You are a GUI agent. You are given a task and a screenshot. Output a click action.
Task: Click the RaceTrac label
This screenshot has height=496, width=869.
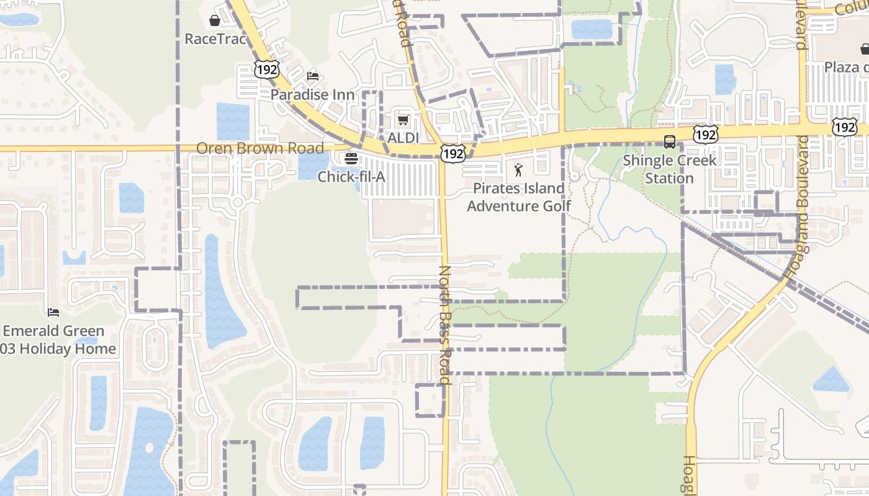[x=215, y=39]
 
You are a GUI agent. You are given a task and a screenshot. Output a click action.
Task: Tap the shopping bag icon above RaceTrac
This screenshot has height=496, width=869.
[x=215, y=21]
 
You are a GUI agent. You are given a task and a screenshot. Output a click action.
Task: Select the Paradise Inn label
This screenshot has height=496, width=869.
[x=312, y=95]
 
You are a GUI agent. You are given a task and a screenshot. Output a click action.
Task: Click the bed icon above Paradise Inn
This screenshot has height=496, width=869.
[x=313, y=76]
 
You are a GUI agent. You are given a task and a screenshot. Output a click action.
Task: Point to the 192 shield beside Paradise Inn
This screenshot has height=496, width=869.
[x=266, y=69]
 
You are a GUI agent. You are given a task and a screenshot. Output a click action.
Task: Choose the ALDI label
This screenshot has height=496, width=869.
[x=403, y=138]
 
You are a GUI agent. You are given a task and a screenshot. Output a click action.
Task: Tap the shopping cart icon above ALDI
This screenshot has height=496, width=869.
[x=403, y=119]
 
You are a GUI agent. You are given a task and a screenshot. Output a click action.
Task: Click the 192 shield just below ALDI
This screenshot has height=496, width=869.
[x=454, y=154]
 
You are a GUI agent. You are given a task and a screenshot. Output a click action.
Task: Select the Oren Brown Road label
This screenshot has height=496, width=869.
[x=260, y=148]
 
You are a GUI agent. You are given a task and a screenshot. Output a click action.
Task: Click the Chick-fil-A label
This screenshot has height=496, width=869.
[x=351, y=177]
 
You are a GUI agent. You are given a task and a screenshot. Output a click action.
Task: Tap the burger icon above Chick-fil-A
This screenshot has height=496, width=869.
[x=351, y=159]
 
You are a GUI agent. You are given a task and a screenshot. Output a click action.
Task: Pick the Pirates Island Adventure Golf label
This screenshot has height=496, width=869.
[x=519, y=197]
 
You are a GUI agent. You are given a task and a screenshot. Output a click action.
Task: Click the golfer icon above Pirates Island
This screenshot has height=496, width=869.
[x=519, y=169]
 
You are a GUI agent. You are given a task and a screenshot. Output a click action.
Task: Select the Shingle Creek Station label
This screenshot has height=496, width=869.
[x=669, y=169]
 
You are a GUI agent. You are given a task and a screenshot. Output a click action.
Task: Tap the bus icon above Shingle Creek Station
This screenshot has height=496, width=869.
[x=670, y=142]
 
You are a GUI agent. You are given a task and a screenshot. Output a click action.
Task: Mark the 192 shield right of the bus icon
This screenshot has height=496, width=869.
[x=706, y=134]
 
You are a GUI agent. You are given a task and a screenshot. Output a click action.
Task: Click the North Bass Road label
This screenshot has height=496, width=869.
[x=445, y=325]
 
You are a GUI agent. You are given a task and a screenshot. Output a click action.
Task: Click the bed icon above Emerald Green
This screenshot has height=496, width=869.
[x=53, y=312]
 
